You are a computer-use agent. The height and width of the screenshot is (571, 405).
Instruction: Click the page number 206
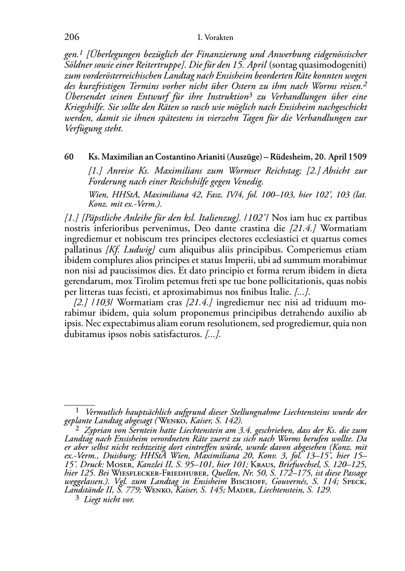click(x=72, y=37)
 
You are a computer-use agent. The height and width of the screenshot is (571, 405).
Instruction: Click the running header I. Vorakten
click(x=215, y=38)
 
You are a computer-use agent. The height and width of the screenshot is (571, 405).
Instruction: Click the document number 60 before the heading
click(x=69, y=157)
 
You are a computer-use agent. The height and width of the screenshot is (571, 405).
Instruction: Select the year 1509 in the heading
click(x=357, y=157)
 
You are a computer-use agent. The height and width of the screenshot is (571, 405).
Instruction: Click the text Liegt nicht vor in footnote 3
click(x=109, y=500)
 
